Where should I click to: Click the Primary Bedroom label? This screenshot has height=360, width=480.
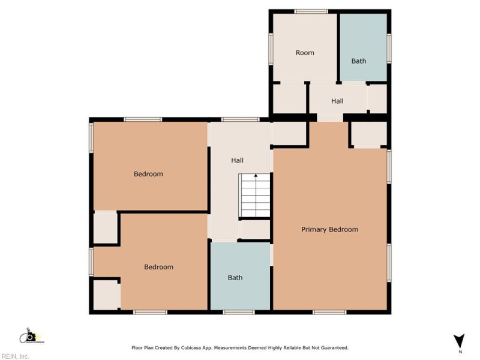(329, 229)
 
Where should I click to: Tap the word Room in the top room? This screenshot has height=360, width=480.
(305, 53)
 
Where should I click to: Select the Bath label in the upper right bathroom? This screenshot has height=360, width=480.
(359, 61)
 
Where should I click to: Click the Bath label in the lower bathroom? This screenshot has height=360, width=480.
(235, 278)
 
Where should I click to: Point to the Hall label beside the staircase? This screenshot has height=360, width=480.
(238, 161)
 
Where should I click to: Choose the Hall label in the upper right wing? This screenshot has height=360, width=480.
(337, 101)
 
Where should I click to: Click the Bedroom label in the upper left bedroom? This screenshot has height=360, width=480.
(148, 174)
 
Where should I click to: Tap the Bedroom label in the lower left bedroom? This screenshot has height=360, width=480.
(158, 267)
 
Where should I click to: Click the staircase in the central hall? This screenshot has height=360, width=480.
(255, 197)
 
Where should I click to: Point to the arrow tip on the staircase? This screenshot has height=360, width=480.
(256, 175)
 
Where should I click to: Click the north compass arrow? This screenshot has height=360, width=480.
(459, 340)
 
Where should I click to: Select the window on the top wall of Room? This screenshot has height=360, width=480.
(311, 11)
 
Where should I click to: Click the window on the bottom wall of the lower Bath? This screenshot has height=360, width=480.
(239, 312)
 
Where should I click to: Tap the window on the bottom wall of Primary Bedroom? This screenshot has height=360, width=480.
(329, 312)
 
